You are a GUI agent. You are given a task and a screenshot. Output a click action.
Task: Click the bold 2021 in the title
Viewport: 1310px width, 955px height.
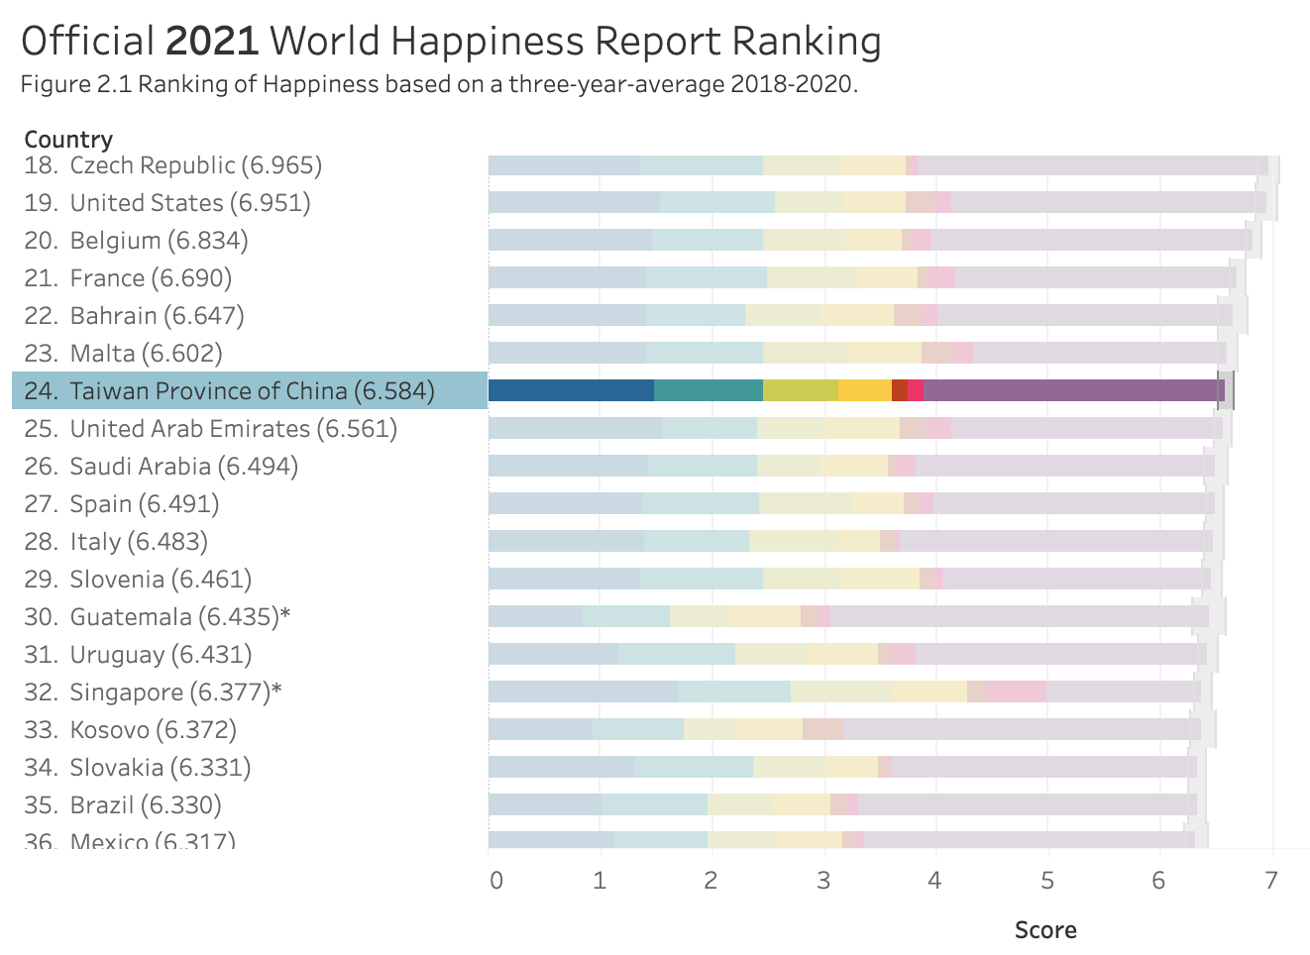pyautogui.click(x=211, y=42)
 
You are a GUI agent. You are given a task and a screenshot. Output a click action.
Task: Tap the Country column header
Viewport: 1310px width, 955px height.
pyautogui.click(x=68, y=139)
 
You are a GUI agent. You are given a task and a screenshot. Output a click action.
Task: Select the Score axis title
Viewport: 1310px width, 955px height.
pyautogui.click(x=1045, y=930)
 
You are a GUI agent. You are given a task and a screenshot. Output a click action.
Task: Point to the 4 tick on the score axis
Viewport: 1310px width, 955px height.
pyautogui.click(x=933, y=881)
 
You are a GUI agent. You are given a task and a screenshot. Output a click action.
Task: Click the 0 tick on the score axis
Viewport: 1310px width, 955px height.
pyautogui.click(x=495, y=881)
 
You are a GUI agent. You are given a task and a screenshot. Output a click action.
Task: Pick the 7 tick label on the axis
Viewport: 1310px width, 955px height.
pyautogui.click(x=1271, y=881)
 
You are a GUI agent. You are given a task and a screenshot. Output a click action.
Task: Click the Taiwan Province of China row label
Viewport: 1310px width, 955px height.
pyautogui.click(x=229, y=390)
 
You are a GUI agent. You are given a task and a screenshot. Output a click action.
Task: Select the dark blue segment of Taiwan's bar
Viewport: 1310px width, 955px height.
pyautogui.click(x=571, y=390)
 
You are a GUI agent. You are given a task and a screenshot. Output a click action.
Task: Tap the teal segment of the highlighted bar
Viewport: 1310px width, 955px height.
pyautogui.click(x=708, y=390)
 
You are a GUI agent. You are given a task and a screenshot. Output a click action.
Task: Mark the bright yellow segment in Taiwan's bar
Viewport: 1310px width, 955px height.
pyautogui.click(x=864, y=390)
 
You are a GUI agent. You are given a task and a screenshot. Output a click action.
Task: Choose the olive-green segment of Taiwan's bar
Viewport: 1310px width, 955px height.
pyautogui.click(x=800, y=390)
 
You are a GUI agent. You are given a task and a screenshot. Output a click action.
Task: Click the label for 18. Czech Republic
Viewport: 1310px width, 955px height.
pyautogui.click(x=173, y=164)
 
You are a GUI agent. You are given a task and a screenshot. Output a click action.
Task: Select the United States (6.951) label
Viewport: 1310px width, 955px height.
pyautogui.click(x=167, y=202)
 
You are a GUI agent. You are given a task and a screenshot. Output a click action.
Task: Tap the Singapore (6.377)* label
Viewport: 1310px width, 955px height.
pyautogui.click(x=154, y=691)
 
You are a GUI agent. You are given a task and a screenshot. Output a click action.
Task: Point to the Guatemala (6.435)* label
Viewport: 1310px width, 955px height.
pyautogui.click(x=158, y=616)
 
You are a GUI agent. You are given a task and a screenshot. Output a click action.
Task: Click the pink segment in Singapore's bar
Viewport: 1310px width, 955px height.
pyautogui.click(x=1015, y=691)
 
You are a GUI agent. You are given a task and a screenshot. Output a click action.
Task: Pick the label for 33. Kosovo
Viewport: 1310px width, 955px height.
pyautogui.click(x=131, y=729)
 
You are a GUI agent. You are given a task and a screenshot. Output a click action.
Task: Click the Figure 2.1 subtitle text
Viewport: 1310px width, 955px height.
pyautogui.click(x=439, y=84)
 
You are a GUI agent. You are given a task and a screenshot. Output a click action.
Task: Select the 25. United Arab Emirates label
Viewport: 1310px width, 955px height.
pyautogui.click(x=211, y=428)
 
